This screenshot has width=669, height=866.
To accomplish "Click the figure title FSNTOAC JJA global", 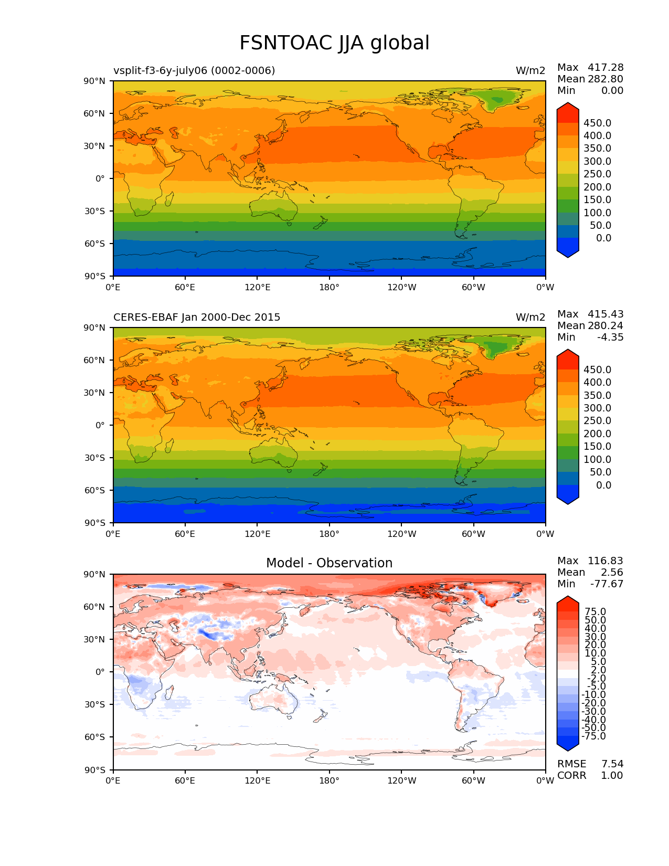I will [334, 43].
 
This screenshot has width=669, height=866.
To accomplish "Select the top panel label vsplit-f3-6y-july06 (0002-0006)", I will [194, 71].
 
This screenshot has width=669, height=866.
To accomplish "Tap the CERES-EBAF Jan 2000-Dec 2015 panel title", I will [197, 318].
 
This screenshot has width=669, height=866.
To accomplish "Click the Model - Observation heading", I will [329, 563].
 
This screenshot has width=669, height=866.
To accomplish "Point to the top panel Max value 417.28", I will [606, 68].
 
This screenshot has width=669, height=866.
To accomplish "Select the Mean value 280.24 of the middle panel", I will [606, 326].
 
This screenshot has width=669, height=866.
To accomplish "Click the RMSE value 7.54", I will [612, 764].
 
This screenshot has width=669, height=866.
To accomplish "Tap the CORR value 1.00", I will [612, 776].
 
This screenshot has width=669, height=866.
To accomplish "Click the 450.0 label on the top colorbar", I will [597, 123].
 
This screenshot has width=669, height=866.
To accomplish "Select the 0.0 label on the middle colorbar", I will [603, 485].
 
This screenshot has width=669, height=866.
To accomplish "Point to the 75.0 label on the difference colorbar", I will [596, 612].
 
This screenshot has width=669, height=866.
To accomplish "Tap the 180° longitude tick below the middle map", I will [329, 534].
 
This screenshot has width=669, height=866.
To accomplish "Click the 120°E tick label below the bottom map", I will [257, 781].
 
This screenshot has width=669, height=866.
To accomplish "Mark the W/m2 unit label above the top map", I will [530, 71].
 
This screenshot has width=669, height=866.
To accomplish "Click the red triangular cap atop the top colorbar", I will [568, 111].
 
